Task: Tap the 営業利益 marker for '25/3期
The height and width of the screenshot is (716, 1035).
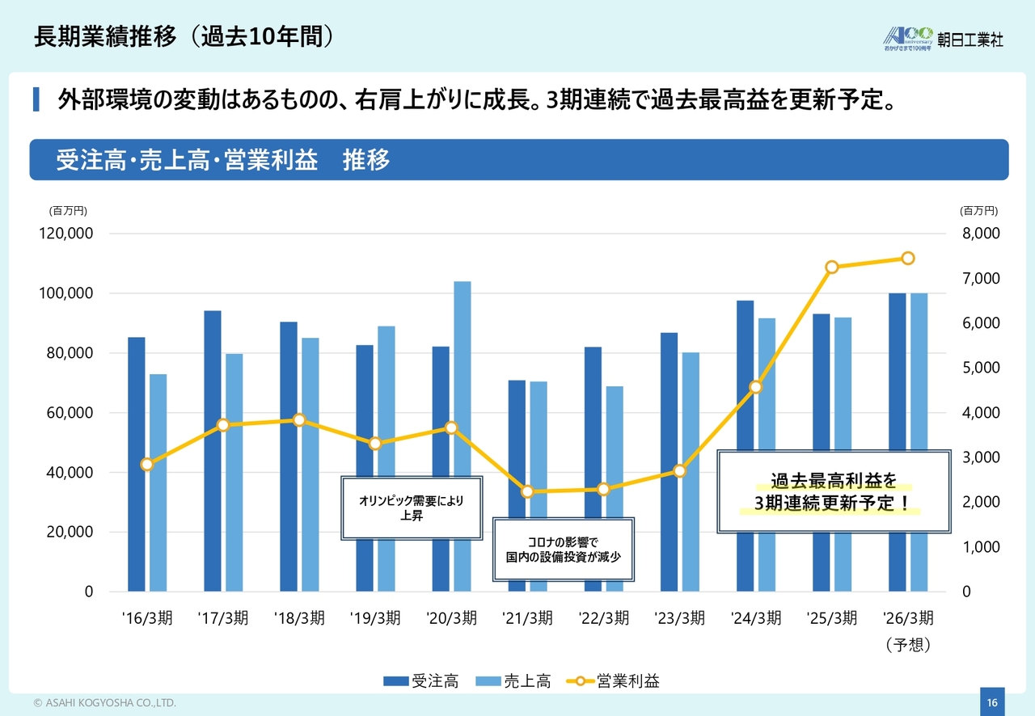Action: (832, 267)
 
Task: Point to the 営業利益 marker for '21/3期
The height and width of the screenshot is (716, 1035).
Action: (528, 491)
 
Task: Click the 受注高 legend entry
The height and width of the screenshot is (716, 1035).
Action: (421, 681)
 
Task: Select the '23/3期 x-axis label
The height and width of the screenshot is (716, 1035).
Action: (679, 618)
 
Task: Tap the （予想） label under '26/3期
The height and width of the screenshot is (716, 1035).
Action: (908, 645)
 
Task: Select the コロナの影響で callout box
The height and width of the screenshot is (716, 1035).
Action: (563, 550)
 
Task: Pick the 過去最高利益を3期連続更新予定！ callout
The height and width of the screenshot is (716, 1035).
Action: (833, 492)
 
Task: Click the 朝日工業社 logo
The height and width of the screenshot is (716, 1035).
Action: (943, 37)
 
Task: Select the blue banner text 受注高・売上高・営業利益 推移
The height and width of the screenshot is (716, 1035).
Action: (223, 160)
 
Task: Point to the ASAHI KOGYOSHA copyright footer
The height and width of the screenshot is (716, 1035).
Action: (104, 703)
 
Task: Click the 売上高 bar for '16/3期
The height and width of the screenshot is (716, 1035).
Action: (158, 482)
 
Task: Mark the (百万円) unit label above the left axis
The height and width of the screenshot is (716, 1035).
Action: (68, 211)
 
